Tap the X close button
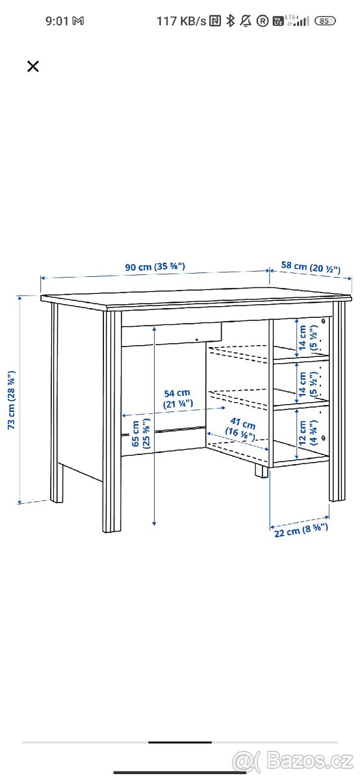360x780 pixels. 33,66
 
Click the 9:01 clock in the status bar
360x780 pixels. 57,21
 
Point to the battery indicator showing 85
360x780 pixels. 324,21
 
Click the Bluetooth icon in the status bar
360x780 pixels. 230,21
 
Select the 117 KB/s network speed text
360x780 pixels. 181,21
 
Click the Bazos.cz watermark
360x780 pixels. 293,762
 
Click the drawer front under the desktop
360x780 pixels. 172,333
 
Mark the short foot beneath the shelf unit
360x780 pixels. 261,471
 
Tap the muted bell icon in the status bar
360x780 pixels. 246,21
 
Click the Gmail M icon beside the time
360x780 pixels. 78,21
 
